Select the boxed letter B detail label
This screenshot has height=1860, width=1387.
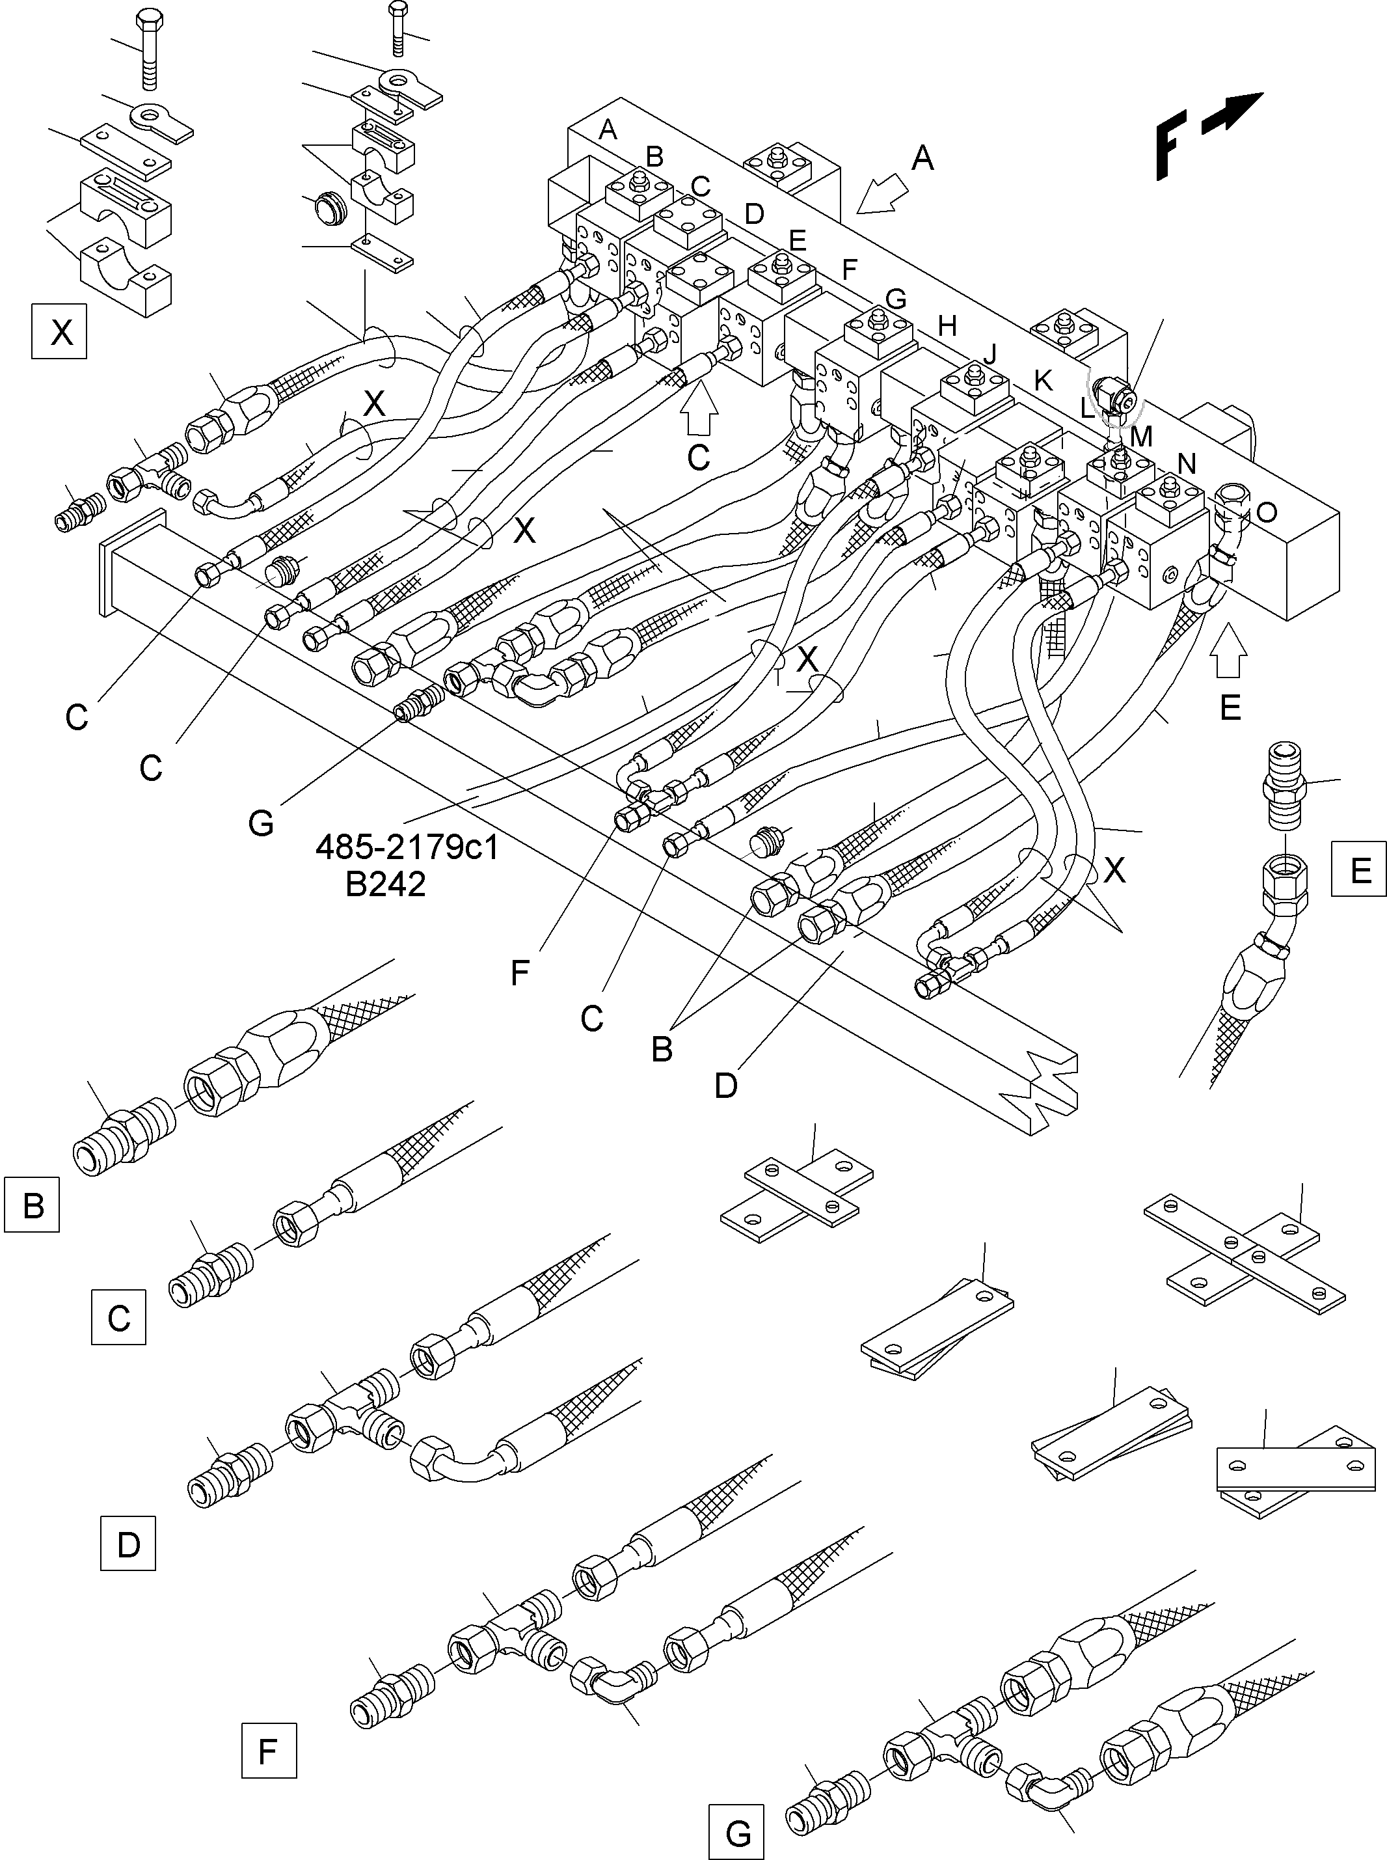click(32, 1205)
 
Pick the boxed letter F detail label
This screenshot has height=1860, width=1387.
click(269, 1751)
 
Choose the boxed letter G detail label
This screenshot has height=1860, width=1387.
click(736, 1831)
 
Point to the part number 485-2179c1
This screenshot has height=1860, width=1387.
click(407, 847)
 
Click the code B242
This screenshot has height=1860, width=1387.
click(385, 884)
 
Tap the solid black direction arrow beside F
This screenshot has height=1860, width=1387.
click(1233, 113)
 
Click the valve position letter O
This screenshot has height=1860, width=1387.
click(1266, 512)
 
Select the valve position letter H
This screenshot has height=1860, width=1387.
click(947, 326)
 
